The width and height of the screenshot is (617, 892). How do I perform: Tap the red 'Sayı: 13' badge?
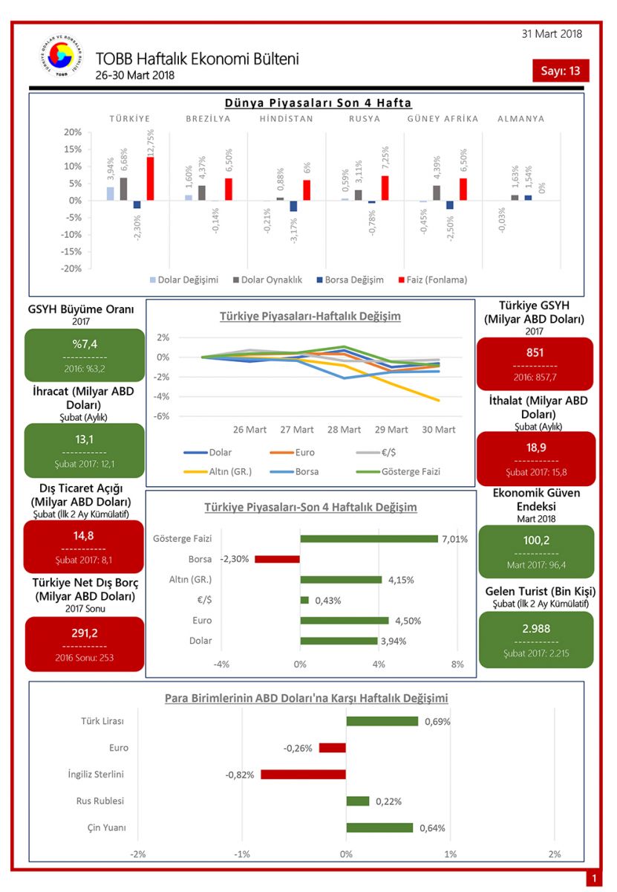[x=561, y=71]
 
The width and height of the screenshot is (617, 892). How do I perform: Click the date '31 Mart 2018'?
[x=552, y=33]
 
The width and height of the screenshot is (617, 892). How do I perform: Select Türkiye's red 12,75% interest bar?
[x=150, y=178]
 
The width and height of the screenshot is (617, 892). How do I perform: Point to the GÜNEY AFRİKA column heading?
[x=443, y=118]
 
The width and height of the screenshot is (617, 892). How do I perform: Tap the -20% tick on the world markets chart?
[x=72, y=268]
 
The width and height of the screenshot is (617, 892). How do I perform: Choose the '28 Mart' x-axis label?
[x=344, y=430]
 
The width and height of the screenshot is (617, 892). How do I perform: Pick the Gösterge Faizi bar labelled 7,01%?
[x=368, y=539]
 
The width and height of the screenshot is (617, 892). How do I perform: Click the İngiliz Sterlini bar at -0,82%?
[x=303, y=775]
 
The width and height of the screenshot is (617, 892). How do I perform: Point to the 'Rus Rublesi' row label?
[x=100, y=801]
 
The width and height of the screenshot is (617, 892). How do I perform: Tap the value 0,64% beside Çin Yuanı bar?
[x=432, y=828]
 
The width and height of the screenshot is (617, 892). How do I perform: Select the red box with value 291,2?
[x=85, y=644]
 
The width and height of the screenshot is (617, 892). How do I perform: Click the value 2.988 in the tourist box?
[x=536, y=628]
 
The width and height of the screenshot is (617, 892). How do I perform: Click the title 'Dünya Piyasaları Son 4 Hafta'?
[x=318, y=103]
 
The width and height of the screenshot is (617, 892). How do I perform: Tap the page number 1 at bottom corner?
[x=594, y=879]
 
